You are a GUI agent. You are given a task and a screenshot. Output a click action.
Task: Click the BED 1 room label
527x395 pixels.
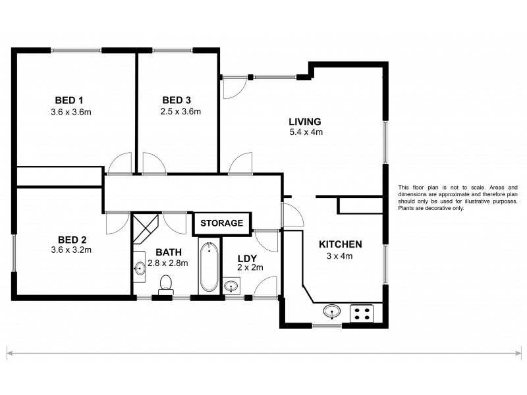(69, 100)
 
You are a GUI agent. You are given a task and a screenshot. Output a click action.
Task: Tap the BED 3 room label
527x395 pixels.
(177, 100)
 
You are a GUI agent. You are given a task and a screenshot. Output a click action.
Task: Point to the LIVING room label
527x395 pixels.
(304, 121)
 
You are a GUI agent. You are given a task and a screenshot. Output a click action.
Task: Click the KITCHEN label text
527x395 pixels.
(341, 244)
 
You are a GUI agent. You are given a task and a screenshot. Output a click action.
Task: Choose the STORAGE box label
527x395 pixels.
(221, 223)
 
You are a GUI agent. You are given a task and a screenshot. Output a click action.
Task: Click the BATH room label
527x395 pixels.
(167, 251)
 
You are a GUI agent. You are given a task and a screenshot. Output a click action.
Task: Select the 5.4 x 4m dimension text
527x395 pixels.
(304, 132)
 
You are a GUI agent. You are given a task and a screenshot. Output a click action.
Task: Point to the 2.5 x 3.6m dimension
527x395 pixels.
(180, 111)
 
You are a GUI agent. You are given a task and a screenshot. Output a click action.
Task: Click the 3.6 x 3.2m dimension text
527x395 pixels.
(70, 250)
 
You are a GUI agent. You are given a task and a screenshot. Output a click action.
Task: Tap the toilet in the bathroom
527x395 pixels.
(166, 284)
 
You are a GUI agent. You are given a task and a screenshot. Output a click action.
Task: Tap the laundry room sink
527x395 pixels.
(231, 286)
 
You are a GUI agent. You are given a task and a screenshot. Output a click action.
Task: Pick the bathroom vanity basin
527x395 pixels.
(140, 269)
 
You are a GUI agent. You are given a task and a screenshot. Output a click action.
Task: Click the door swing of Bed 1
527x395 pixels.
(120, 163)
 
